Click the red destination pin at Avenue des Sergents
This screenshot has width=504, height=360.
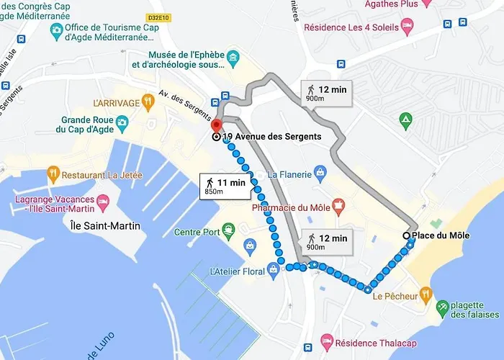[216, 125]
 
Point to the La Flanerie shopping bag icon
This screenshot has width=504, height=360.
[320, 174]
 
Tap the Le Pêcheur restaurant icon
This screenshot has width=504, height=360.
[426, 294]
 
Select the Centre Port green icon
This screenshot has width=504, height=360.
[229, 232]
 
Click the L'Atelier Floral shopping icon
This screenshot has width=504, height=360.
[273, 270]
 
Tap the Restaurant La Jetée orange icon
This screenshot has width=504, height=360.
[53, 174]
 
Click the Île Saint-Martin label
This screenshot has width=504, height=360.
[102, 226]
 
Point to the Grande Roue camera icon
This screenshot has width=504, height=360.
[122, 124]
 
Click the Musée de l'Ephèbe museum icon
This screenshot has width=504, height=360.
[233, 57]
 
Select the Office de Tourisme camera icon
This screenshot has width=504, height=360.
[55, 31]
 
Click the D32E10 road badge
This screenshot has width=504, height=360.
[160, 17]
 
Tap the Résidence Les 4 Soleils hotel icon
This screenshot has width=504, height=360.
[407, 27]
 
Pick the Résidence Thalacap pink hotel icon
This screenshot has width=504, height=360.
[327, 339]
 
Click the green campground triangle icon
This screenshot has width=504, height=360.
[406, 118]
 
